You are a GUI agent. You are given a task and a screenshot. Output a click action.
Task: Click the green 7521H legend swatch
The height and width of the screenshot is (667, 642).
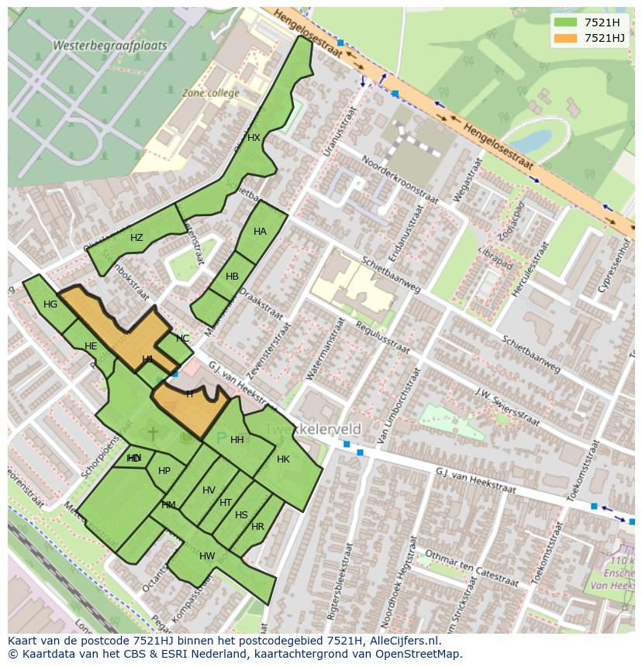[566, 22]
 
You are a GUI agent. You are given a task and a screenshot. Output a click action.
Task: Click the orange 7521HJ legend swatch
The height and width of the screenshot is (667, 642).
[566, 38]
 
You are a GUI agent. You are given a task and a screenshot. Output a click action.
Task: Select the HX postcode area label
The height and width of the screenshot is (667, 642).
[254, 138]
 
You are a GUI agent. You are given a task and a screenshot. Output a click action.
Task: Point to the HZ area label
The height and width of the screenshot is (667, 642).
[136, 238]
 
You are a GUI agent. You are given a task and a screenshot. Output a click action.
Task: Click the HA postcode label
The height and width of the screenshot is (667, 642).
[260, 232]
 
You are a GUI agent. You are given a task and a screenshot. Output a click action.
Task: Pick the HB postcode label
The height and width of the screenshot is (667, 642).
[232, 277]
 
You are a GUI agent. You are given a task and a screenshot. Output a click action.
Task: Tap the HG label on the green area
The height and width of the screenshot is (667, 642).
[50, 304]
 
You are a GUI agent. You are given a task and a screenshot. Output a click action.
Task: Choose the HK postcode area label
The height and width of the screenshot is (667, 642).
[283, 459]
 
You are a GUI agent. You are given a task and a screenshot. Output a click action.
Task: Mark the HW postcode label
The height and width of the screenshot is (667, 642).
[207, 556]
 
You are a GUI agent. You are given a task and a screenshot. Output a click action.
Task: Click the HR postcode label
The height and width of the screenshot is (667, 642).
[257, 527]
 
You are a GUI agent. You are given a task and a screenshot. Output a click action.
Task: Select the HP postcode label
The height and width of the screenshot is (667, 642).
[164, 471]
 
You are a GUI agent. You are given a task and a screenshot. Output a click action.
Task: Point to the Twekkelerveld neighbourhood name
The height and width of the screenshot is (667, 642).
[313, 429]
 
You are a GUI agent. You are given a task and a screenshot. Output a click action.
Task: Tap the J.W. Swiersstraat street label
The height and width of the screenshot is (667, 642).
[507, 406]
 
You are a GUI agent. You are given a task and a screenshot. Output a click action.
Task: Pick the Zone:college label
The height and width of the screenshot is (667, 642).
[210, 93]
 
